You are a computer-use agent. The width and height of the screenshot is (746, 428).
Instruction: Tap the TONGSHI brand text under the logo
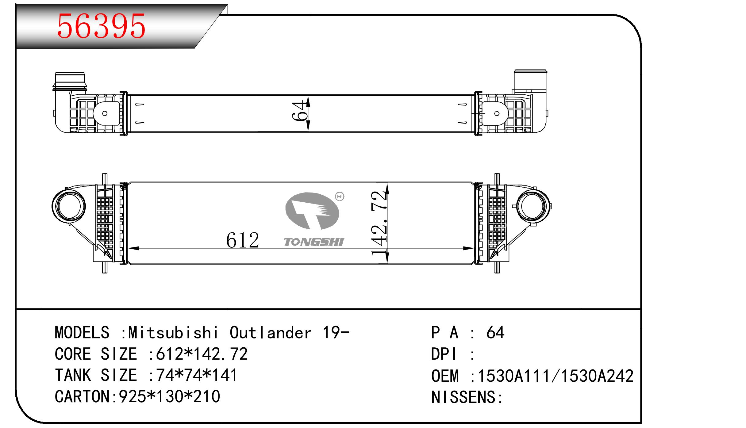(314, 242)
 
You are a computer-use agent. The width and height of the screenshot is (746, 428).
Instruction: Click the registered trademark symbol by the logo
(339, 197)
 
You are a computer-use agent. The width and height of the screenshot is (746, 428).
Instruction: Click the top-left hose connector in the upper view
(69, 82)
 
